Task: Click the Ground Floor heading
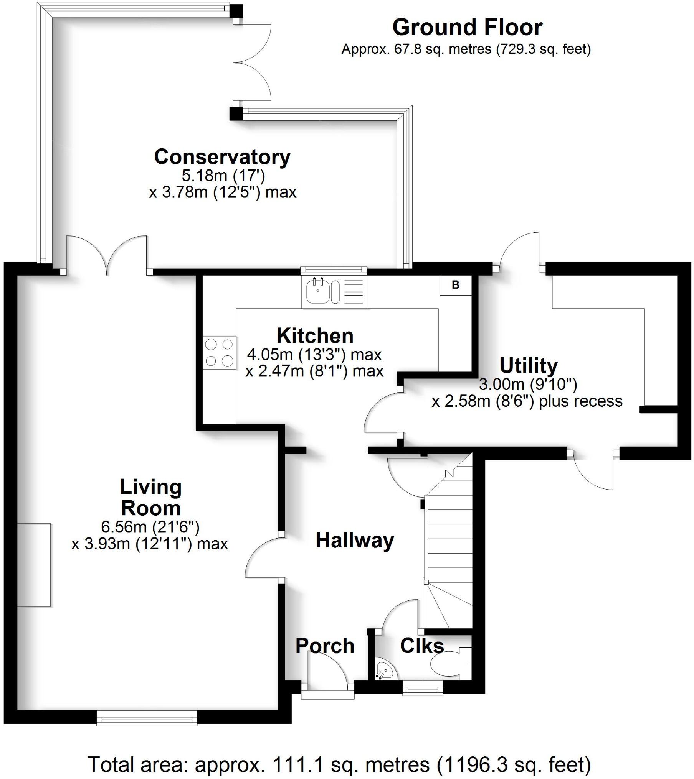click(x=467, y=28)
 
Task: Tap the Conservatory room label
click(x=222, y=157)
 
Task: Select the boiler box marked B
click(x=455, y=285)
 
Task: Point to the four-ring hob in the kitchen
click(x=219, y=352)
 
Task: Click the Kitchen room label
click(x=315, y=336)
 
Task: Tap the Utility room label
click(x=528, y=365)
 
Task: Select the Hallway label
click(x=355, y=541)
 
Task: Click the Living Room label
click(x=150, y=497)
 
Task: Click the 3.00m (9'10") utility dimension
click(x=528, y=384)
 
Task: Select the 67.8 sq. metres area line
click(x=466, y=49)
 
